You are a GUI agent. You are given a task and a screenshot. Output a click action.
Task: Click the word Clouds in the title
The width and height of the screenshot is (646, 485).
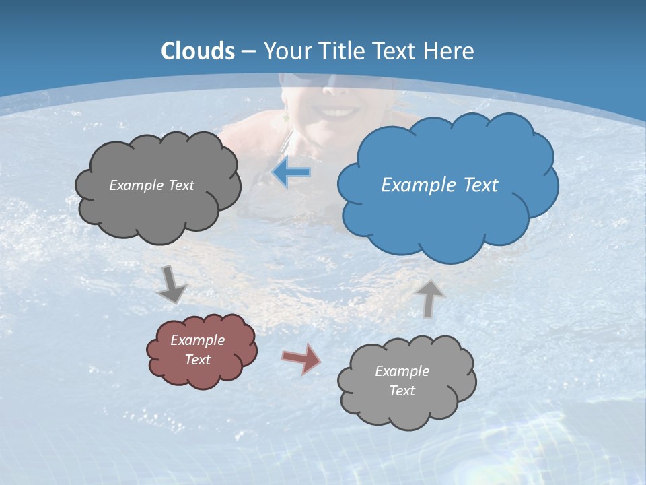point(198,51)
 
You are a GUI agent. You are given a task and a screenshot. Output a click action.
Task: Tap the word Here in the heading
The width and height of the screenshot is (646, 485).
point(450,51)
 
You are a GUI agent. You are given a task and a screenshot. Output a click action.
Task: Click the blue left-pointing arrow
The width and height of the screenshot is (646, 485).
point(291,173)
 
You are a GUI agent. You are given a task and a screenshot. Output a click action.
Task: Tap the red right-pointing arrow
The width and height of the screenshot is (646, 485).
point(301,358)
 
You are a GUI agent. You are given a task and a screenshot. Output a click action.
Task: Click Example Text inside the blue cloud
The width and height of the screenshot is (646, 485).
point(439,185)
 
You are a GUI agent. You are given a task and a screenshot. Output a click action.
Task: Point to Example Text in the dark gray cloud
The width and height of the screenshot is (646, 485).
point(151,185)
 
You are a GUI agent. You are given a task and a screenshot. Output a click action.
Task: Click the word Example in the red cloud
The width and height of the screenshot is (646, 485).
point(197,340)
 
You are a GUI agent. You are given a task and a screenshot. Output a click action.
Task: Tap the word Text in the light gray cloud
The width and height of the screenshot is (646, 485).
point(402,391)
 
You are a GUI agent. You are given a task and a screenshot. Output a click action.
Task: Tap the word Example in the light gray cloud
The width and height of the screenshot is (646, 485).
point(402,371)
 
